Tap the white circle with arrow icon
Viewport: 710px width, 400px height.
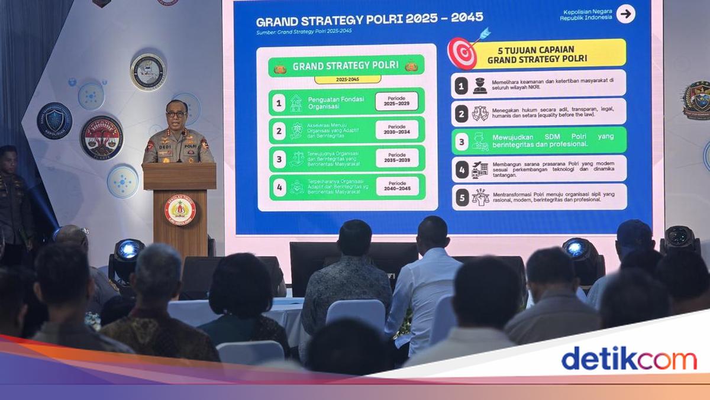coord(625,14)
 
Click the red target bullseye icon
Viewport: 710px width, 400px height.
coord(461,53)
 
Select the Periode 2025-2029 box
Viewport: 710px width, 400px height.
coord(396,101)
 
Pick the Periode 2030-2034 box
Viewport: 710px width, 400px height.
coord(396,130)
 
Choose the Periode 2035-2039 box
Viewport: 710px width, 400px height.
coord(396,158)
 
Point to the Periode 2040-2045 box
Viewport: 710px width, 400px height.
coord(396,186)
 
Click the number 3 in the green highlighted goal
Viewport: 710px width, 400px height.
coord(461,141)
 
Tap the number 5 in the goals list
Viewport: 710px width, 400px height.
coord(461,197)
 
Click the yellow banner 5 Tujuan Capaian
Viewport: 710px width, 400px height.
coord(549,54)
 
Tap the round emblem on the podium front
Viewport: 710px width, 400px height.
coord(180,210)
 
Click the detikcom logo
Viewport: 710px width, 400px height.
coord(628,359)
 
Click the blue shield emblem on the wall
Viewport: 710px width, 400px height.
coord(54,121)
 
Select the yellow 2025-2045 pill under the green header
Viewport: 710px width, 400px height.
coord(347,79)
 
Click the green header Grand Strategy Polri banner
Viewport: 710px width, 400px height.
coord(346,66)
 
